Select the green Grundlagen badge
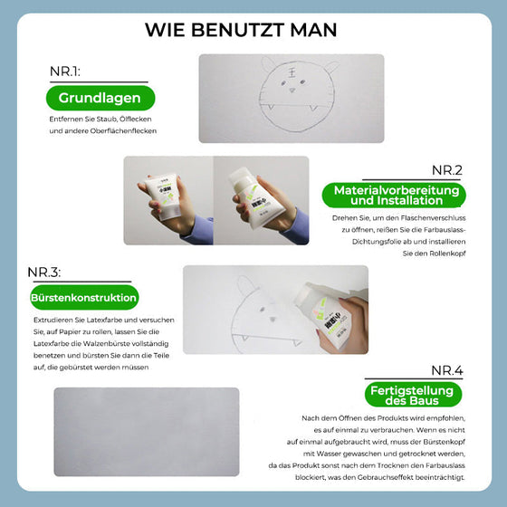point(100,99)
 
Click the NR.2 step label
point(445,169)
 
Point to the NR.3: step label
point(51,273)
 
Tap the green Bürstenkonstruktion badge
point(83,298)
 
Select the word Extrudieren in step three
point(53,321)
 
